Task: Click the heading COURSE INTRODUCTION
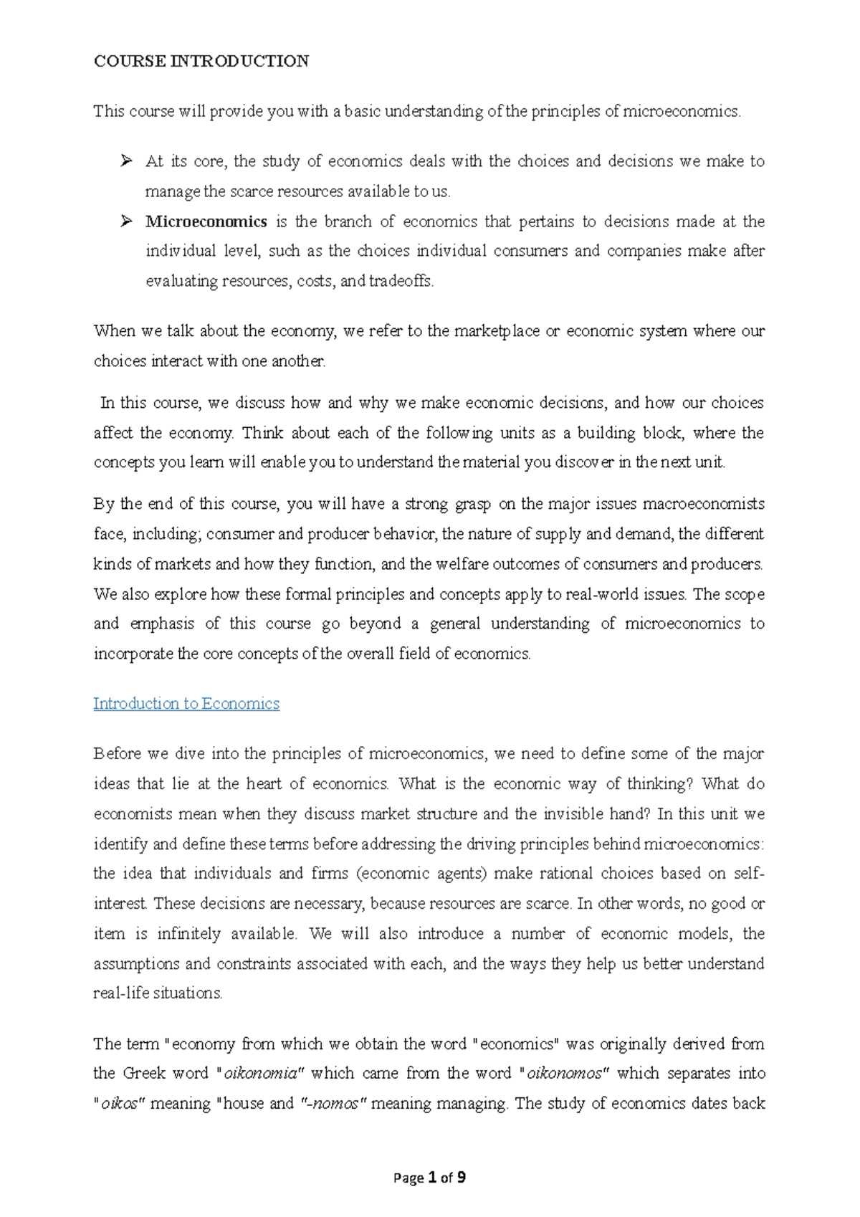[x=201, y=62]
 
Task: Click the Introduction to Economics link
[x=186, y=704]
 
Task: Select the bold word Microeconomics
[x=206, y=222]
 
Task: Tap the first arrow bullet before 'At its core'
[x=127, y=161]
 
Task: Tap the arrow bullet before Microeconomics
[x=127, y=221]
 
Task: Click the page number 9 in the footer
[x=462, y=1178]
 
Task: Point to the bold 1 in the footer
[x=432, y=1178]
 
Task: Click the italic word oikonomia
[x=261, y=1074]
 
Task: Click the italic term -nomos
[x=331, y=1104]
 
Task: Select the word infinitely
[x=188, y=934]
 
